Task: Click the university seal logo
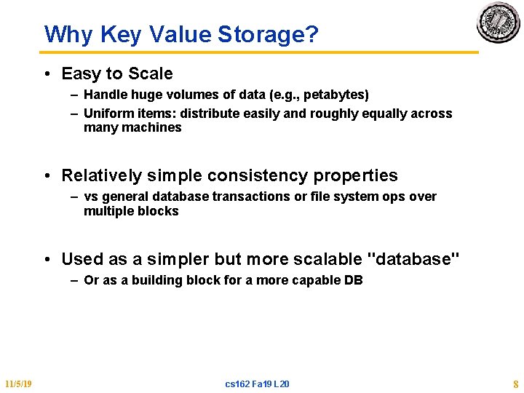click(498, 23)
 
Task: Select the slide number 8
click(515, 384)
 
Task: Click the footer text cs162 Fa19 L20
click(257, 384)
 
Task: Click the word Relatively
click(102, 175)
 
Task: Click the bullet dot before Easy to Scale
click(46, 74)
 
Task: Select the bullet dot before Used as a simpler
click(46, 259)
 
